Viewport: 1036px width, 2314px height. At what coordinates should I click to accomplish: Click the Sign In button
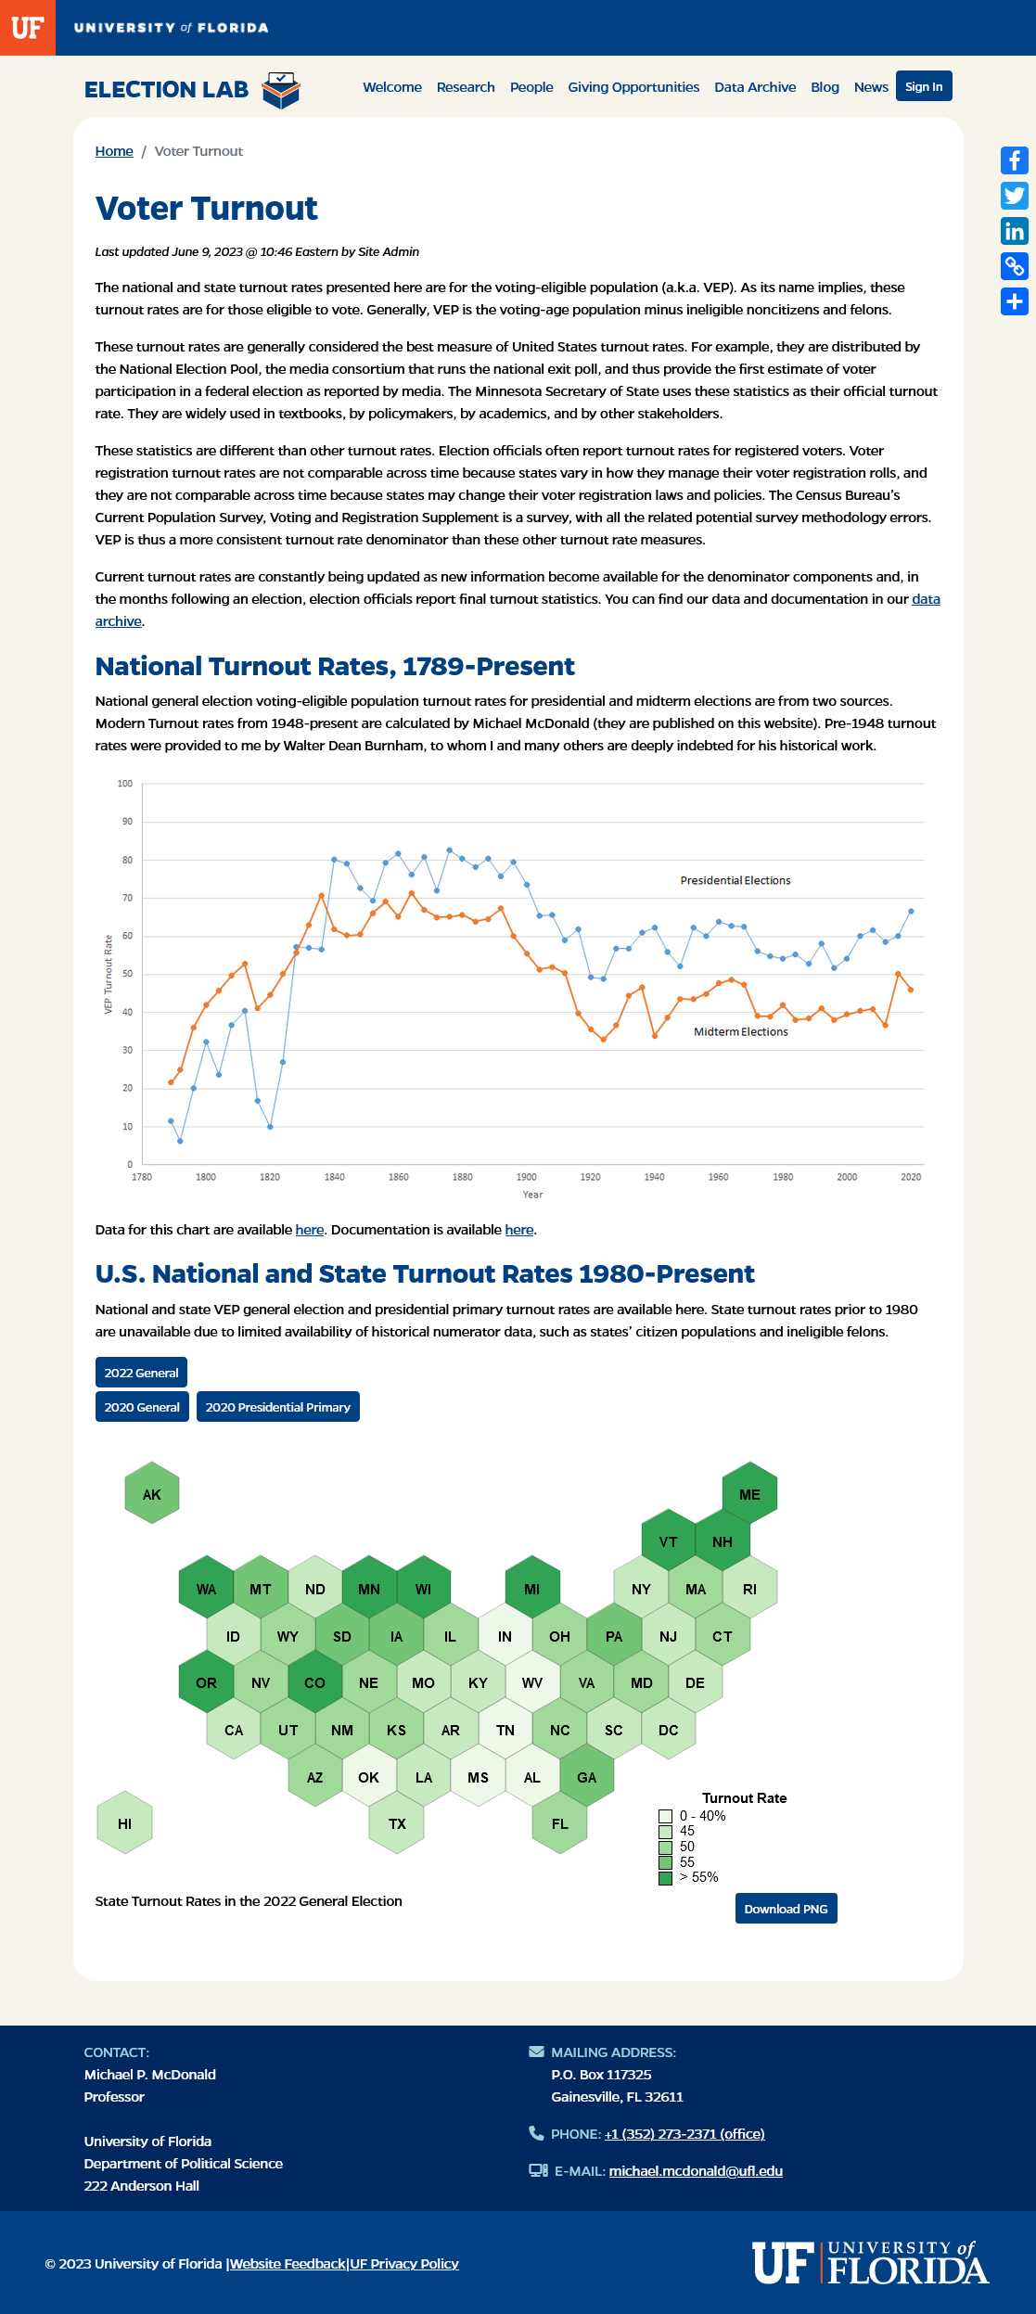coord(924,86)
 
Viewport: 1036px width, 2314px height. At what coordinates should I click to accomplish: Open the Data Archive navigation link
coord(755,87)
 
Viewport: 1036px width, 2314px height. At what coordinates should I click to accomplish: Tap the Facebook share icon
coord(1015,160)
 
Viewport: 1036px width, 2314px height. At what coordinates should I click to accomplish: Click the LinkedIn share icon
coord(1015,231)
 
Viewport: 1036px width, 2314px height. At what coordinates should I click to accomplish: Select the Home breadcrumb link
coord(114,151)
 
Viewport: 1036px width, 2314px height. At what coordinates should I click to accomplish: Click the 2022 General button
coord(141,1373)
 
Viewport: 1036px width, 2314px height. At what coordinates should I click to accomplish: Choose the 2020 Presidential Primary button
coord(278,1407)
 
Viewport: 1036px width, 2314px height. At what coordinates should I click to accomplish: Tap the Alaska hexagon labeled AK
coord(152,1493)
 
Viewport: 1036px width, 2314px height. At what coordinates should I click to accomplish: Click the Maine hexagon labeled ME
coord(749,1493)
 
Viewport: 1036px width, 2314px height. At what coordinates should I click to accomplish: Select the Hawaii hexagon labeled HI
coord(125,1822)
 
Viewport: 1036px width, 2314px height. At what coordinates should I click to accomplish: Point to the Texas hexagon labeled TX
coord(397,1822)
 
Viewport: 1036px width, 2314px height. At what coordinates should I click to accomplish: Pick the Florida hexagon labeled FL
coord(560,1822)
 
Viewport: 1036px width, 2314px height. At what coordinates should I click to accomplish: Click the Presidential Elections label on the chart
coord(735,880)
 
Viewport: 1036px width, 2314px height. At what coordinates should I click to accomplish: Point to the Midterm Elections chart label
coord(741,1031)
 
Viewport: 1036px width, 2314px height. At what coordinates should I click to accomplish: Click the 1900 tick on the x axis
coord(527,1177)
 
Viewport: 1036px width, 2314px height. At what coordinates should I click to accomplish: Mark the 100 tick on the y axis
coord(125,784)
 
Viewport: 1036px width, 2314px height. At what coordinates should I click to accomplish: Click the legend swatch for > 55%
coord(665,1878)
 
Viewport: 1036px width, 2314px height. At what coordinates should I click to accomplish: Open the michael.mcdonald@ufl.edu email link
coord(696,2171)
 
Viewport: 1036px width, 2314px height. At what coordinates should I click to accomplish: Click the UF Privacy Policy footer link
coord(404,2264)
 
